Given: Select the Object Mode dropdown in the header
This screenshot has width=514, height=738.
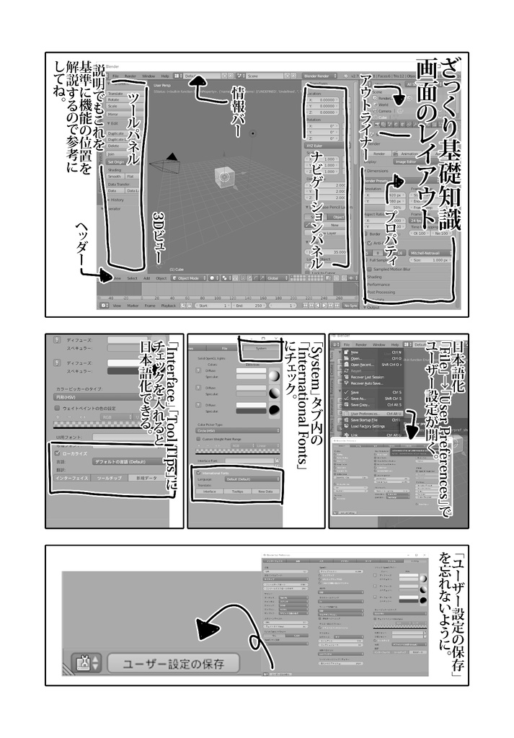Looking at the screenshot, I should (x=190, y=277).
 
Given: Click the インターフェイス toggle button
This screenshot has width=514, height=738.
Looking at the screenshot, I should (x=73, y=478).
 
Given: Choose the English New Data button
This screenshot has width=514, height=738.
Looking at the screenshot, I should (x=265, y=491).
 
